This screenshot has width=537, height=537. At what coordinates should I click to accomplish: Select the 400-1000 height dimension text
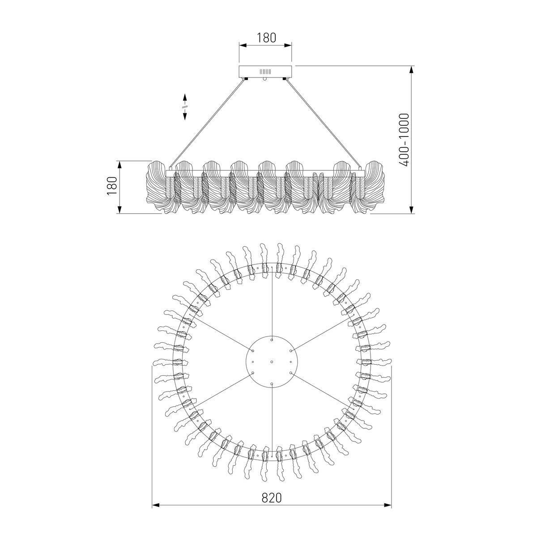coord(404,140)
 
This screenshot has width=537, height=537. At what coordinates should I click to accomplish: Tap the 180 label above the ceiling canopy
coord(266,38)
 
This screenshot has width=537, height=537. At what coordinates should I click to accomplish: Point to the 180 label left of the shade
coord(112,186)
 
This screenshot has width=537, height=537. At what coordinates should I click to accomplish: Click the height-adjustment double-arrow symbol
coord(184,107)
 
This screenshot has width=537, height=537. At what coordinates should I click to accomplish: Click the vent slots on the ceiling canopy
coord(265,72)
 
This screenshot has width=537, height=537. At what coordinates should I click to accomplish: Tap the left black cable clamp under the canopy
coord(246,79)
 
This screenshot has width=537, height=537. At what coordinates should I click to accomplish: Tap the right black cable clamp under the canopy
coord(285,79)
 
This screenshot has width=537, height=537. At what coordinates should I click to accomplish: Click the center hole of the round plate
coord(272,362)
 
